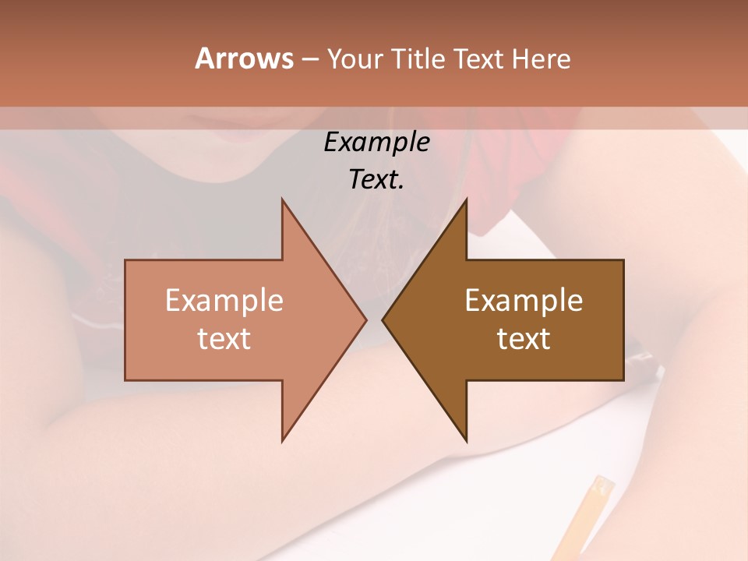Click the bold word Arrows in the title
(x=244, y=58)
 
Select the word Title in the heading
(x=419, y=59)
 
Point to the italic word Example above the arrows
(x=376, y=142)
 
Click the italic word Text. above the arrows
(x=376, y=180)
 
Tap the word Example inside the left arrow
(x=224, y=301)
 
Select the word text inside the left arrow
(x=224, y=339)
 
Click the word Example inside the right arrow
(x=524, y=301)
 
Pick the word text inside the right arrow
(x=524, y=339)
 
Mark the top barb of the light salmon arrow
(x=285, y=206)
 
